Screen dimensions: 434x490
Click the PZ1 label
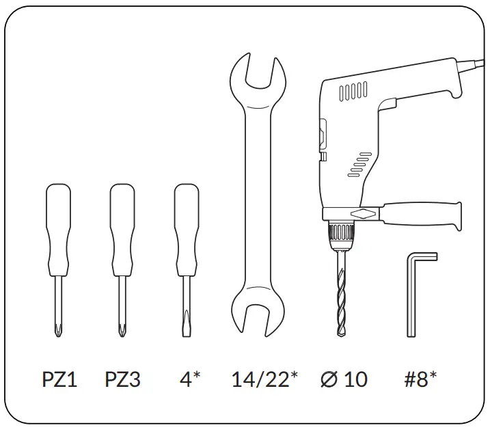60,379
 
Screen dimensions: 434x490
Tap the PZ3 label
123,379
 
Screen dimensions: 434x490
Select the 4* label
189,379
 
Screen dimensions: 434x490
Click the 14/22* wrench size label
264,379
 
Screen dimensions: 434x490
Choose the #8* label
420,379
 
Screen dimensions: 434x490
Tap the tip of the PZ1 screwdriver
59,331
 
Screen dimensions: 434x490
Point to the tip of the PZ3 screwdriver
123,331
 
